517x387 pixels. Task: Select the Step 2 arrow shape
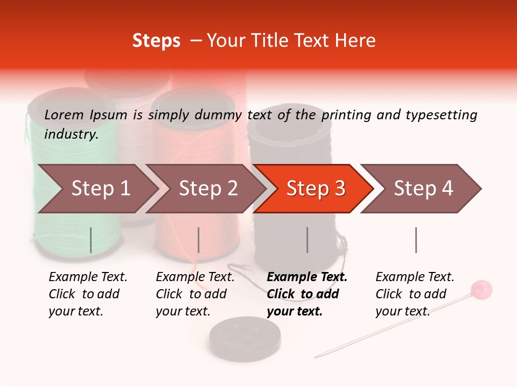pyautogui.click(x=208, y=189)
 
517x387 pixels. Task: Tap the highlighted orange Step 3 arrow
pyautogui.click(x=316, y=189)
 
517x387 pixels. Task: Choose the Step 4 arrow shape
pyautogui.click(x=423, y=189)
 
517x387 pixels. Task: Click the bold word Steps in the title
pyautogui.click(x=156, y=40)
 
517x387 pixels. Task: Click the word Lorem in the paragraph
pyautogui.click(x=64, y=114)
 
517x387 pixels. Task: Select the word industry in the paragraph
pyautogui.click(x=71, y=134)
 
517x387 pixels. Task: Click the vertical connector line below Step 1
pyautogui.click(x=90, y=240)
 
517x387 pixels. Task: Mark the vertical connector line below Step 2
pyautogui.click(x=199, y=240)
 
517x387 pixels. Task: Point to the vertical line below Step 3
pyautogui.click(x=307, y=240)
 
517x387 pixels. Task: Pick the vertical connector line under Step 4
pyautogui.click(x=416, y=240)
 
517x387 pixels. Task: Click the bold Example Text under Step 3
pyautogui.click(x=307, y=277)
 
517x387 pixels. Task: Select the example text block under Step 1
pyautogui.click(x=88, y=294)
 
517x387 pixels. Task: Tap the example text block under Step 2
pyautogui.click(x=195, y=294)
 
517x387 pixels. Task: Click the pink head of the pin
pyautogui.click(x=481, y=290)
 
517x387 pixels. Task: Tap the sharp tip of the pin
pyautogui.click(x=316, y=356)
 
